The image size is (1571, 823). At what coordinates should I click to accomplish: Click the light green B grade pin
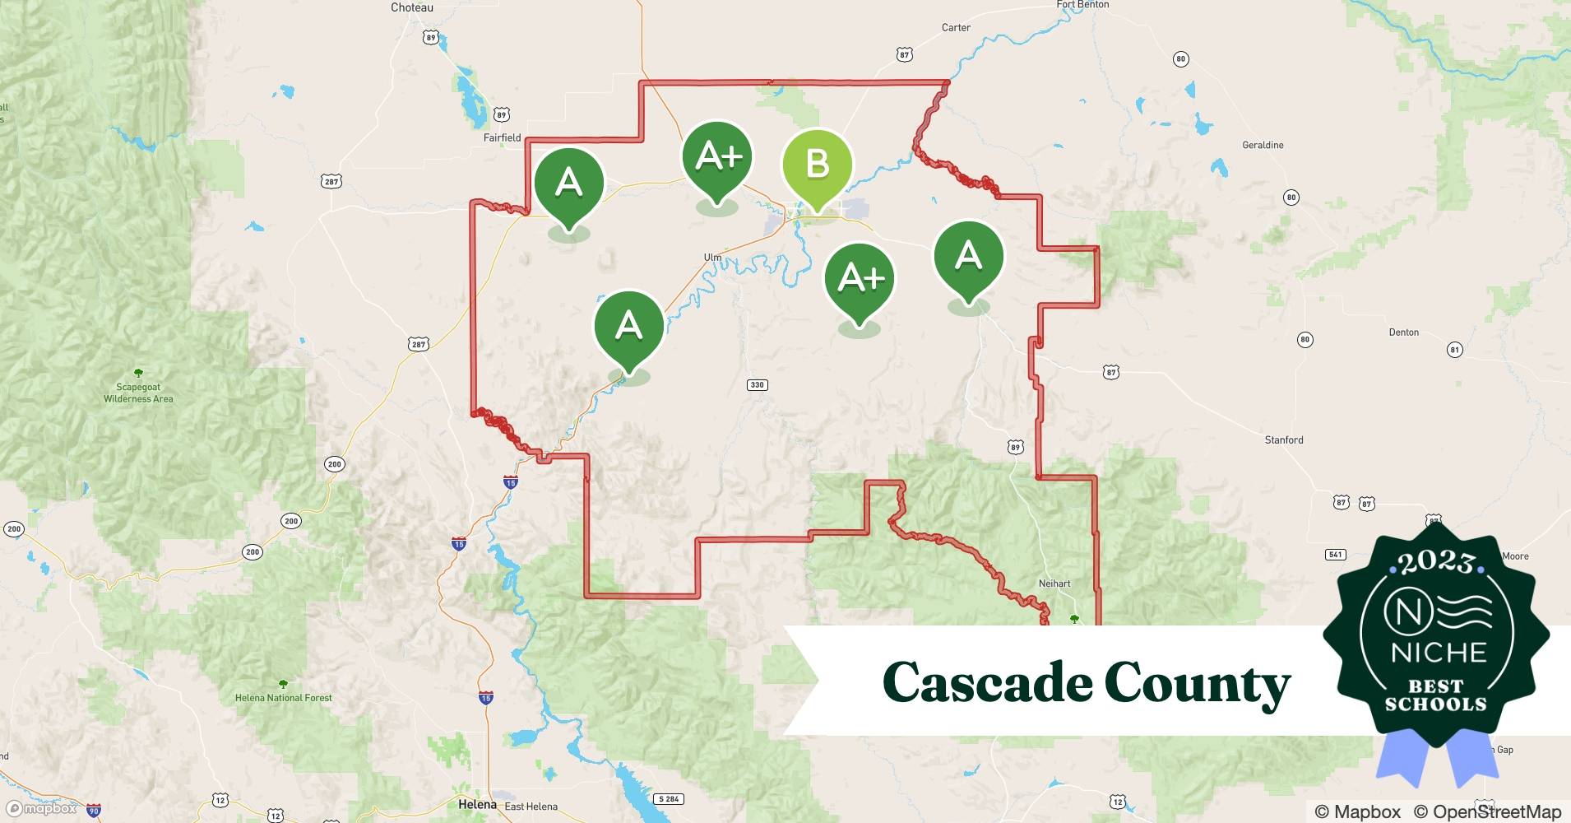point(817,165)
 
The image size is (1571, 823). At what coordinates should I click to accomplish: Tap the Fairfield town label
point(502,137)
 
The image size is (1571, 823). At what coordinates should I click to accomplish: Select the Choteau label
point(412,7)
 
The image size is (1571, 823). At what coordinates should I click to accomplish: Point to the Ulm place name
point(712,258)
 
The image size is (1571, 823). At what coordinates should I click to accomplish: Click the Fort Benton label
point(1082,5)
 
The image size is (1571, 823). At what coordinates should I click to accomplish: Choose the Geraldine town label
point(1263,145)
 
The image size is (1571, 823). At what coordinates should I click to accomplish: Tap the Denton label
point(1403,332)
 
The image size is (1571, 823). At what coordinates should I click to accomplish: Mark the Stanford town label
point(1283,440)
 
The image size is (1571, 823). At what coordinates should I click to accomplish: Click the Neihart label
point(1054,584)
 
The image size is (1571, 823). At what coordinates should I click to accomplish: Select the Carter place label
point(956,28)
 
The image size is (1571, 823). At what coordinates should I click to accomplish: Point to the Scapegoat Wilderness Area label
point(138,393)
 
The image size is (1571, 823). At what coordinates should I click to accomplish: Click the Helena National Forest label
point(284,698)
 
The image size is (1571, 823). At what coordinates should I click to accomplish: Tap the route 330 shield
point(757,384)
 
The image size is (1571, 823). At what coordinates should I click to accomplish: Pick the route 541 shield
point(1335,555)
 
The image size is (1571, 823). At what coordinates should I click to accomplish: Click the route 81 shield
point(1454,350)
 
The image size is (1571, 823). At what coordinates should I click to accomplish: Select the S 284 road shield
point(669,799)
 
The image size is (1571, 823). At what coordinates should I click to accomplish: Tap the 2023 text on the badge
point(1436,562)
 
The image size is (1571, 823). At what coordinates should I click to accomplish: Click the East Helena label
point(531,807)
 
